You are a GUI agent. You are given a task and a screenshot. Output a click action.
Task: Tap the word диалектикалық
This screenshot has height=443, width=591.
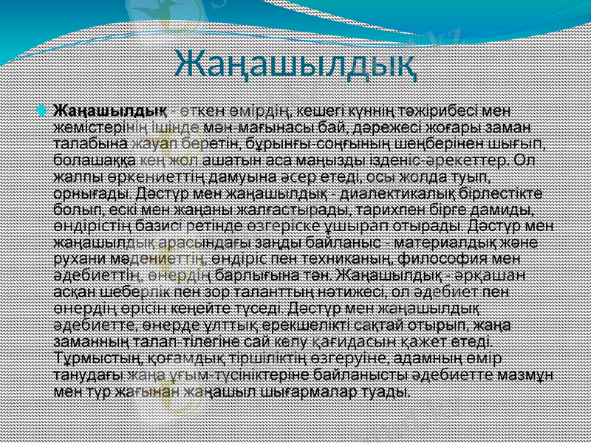pos(400,196)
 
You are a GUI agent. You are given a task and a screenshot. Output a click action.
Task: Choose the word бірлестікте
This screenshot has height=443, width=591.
pos(505,196)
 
